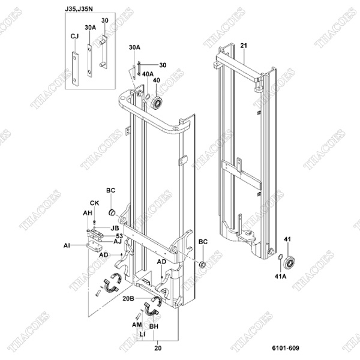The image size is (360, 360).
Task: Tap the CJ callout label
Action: coord(75,37)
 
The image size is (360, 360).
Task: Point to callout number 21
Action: coord(244,46)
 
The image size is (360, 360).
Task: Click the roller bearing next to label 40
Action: coord(158,100)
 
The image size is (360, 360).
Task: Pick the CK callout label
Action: coord(94,203)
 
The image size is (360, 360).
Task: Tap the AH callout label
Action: coord(87,213)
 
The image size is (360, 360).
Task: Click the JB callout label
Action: coord(114,228)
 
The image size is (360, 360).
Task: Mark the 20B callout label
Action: coord(128,298)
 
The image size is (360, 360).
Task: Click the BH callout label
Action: coord(153,328)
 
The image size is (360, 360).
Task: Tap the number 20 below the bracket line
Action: coord(158,347)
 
